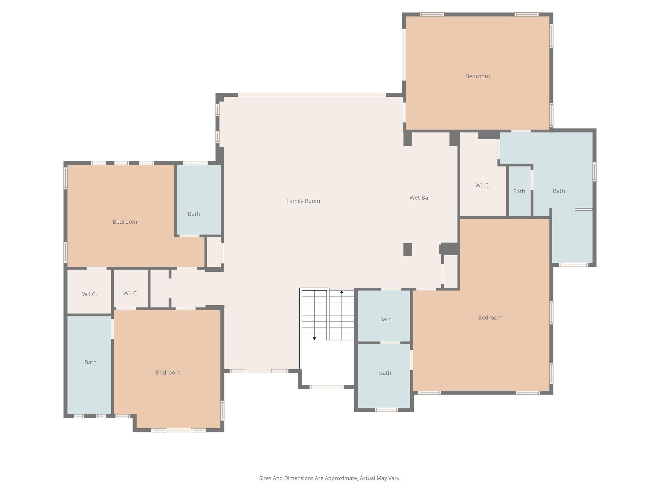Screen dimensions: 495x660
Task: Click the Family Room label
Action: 303,201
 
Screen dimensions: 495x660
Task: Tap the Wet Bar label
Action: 420,198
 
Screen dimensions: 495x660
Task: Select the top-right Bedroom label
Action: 477,76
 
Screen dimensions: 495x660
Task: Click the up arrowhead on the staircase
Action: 342,292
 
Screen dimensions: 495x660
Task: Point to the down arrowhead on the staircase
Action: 314,338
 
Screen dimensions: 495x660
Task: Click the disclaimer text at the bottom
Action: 330,478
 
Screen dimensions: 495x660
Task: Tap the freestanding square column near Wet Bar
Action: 408,249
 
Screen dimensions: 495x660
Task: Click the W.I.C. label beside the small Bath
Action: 482,186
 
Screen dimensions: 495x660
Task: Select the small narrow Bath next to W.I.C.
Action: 519,191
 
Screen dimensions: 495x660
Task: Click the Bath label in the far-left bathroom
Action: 90,363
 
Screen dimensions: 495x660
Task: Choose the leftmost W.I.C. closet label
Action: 89,294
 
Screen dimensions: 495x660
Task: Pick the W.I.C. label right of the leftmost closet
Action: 131,294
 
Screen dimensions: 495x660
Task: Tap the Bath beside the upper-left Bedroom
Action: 194,214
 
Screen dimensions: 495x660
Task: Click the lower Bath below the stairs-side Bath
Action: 385,373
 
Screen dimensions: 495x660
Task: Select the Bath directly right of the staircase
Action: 385,319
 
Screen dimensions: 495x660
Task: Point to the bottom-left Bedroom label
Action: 168,373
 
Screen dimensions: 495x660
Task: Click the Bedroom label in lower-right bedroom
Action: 490,318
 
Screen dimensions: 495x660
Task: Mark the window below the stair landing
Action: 326,387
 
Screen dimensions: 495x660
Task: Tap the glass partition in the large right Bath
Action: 583,210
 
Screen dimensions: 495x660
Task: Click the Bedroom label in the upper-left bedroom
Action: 125,222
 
